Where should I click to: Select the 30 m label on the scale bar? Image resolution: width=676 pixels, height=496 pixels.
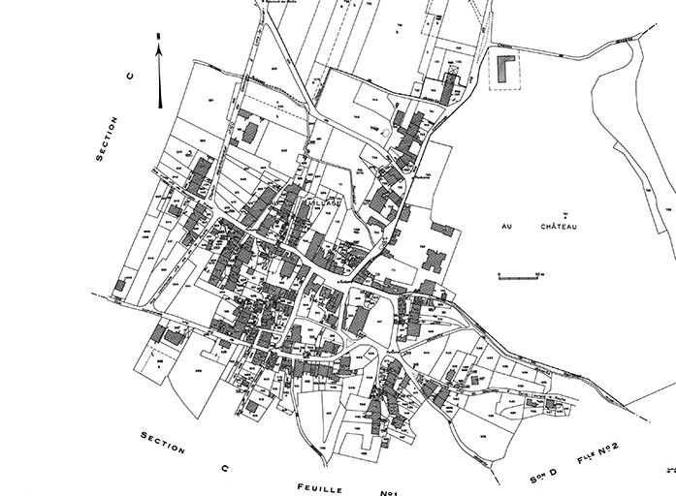click(540, 273)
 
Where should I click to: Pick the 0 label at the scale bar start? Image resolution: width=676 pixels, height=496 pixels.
click(498, 273)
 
